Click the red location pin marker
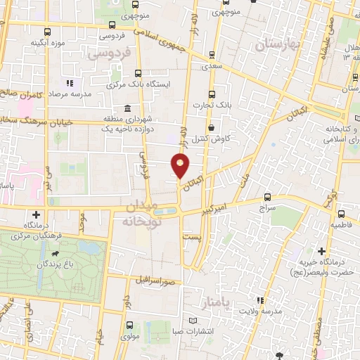click(x=181, y=166)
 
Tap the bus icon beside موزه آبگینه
click(x=47, y=32)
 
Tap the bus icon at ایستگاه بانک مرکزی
click(x=137, y=72)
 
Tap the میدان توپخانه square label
click(x=148, y=212)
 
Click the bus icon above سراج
click(x=266, y=197)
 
